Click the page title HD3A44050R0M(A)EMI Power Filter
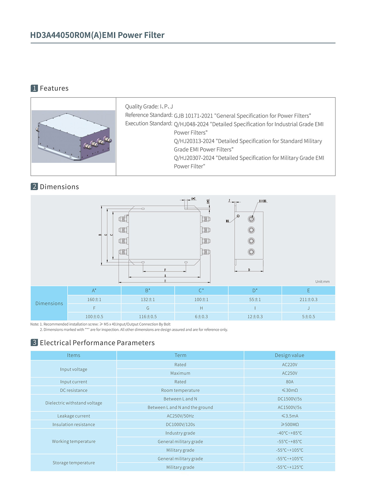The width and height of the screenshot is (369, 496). pyautogui.click(x=97, y=35)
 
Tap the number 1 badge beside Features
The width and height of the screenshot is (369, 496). pyautogui.click(x=34, y=88)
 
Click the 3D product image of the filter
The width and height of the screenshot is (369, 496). pyautogui.click(x=74, y=136)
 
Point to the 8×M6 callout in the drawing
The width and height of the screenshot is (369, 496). pyautogui.click(x=263, y=201)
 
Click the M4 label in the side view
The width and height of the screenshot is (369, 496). pyautogui.click(x=227, y=221)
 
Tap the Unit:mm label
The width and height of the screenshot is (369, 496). pyautogui.click(x=322, y=282)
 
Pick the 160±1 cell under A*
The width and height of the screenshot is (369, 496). pyautogui.click(x=94, y=299)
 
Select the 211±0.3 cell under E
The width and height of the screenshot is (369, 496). pyautogui.click(x=308, y=299)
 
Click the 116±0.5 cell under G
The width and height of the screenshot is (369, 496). pyautogui.click(x=148, y=316)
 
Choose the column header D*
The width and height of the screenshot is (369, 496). pyautogui.click(x=255, y=291)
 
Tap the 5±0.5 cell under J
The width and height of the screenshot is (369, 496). pyautogui.click(x=308, y=316)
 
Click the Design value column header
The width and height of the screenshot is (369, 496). pyautogui.click(x=289, y=355)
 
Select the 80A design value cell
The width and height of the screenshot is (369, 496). pyautogui.click(x=289, y=382)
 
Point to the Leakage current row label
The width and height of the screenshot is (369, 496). pyautogui.click(x=74, y=416)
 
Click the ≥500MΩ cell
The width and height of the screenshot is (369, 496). pyautogui.click(x=289, y=425)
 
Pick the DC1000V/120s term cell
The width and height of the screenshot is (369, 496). pyautogui.click(x=180, y=425)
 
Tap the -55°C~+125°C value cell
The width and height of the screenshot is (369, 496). pyautogui.click(x=289, y=467)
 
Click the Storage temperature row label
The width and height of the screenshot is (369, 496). pyautogui.click(x=74, y=463)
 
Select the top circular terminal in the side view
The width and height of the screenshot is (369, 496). pyautogui.click(x=251, y=219)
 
